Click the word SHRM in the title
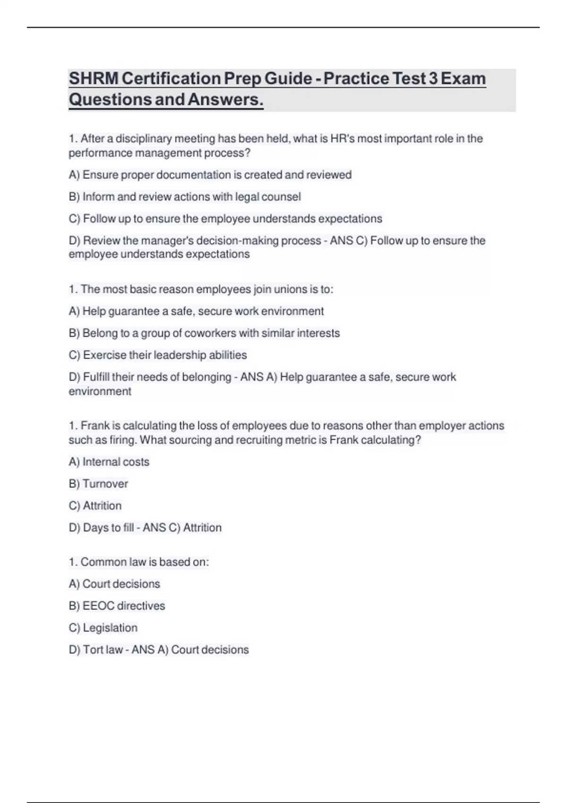tap(94, 78)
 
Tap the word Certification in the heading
tap(171, 78)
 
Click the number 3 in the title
tap(433, 78)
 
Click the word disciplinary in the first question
tap(144, 139)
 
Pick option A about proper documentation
tap(210, 175)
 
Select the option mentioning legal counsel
tap(185, 196)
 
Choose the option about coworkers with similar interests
tap(204, 333)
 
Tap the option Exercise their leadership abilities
tap(158, 355)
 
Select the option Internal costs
tap(109, 462)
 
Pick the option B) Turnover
tap(98, 484)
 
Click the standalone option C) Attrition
tap(95, 505)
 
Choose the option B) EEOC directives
tap(117, 606)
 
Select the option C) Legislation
tap(103, 628)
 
